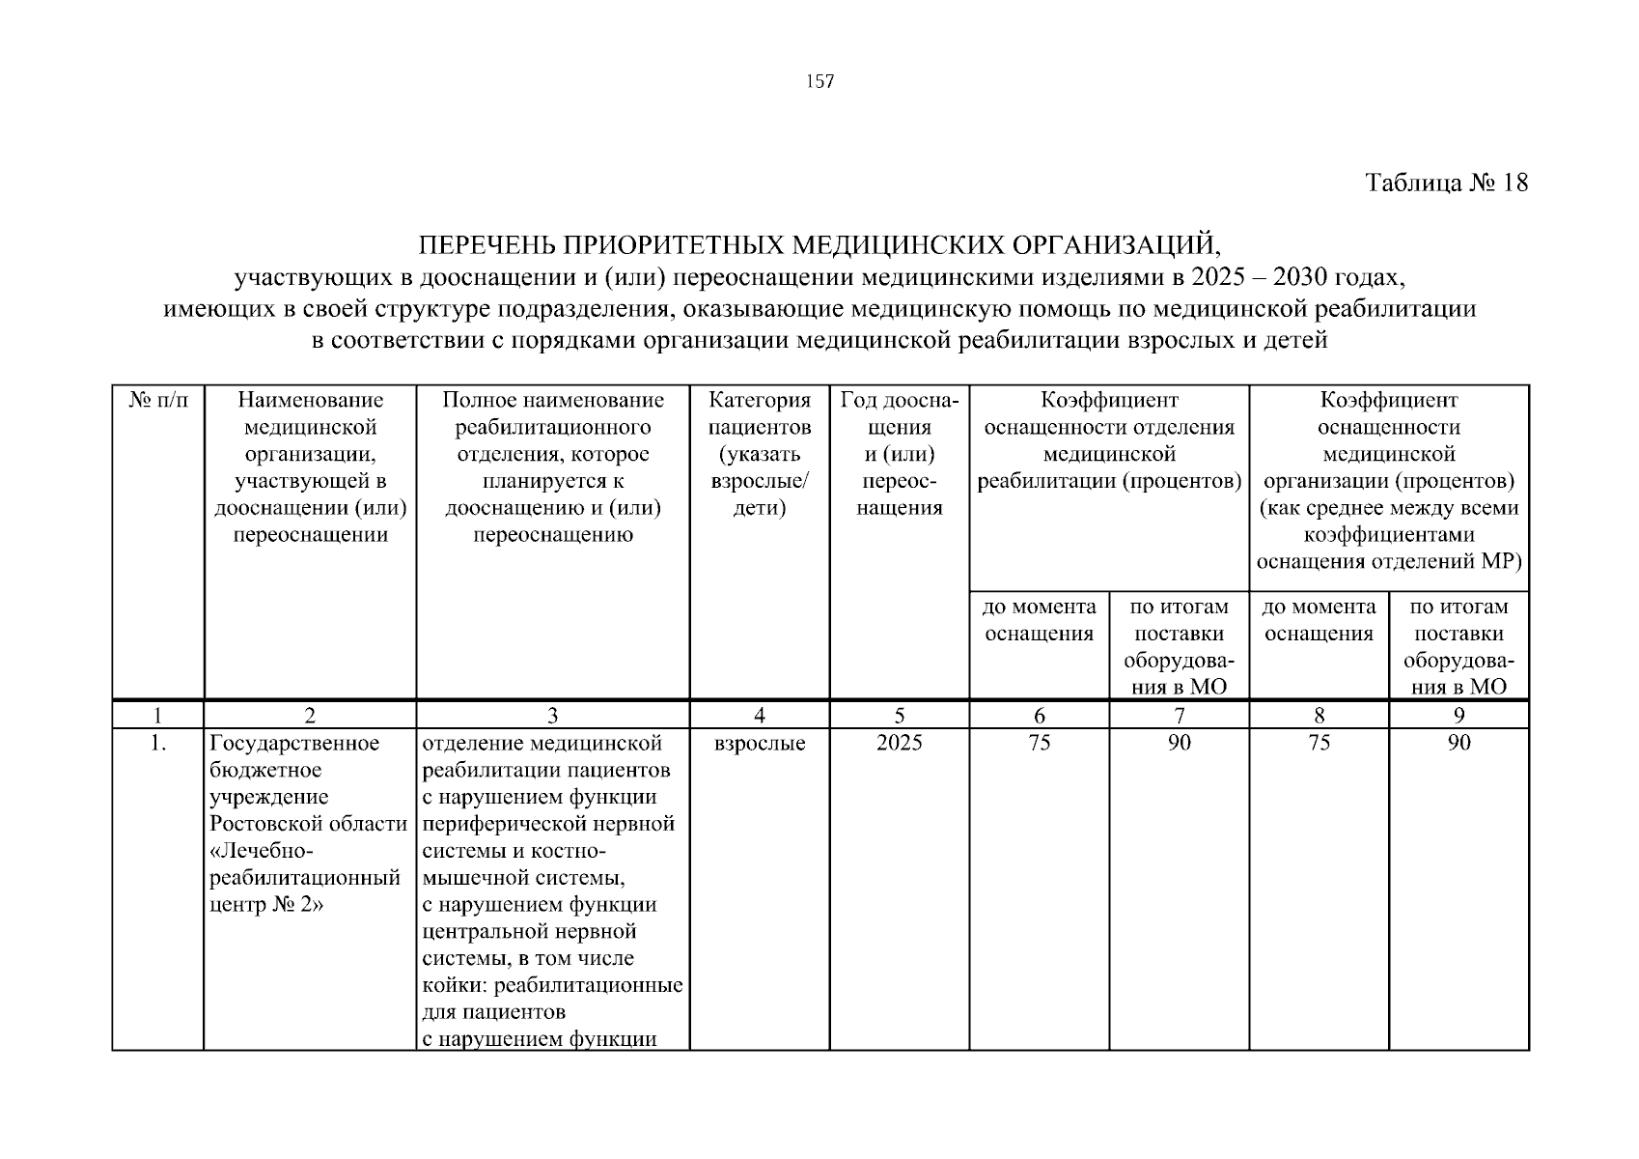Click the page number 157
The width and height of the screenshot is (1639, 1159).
coord(819,82)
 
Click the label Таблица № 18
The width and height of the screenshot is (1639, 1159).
coord(1447,183)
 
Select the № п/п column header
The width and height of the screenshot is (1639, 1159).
coord(158,400)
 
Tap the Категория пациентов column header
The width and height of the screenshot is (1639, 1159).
coord(760,454)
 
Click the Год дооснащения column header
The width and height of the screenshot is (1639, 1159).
coord(900,454)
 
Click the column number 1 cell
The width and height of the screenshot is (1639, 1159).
coord(158,716)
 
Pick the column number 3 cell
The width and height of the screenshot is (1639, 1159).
coord(553,716)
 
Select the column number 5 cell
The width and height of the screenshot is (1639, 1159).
coord(900,716)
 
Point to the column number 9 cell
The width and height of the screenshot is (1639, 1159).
coord(1458,716)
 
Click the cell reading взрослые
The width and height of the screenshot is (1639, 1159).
coord(760,743)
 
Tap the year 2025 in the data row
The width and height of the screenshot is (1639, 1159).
coord(900,743)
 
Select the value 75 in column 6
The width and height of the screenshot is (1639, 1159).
coord(1040,743)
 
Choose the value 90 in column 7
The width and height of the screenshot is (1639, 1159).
coord(1180,743)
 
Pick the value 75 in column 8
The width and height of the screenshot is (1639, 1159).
coord(1319,743)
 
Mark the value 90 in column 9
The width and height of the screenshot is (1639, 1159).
coord(1458,743)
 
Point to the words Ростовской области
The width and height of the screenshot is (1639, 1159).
coord(309,824)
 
